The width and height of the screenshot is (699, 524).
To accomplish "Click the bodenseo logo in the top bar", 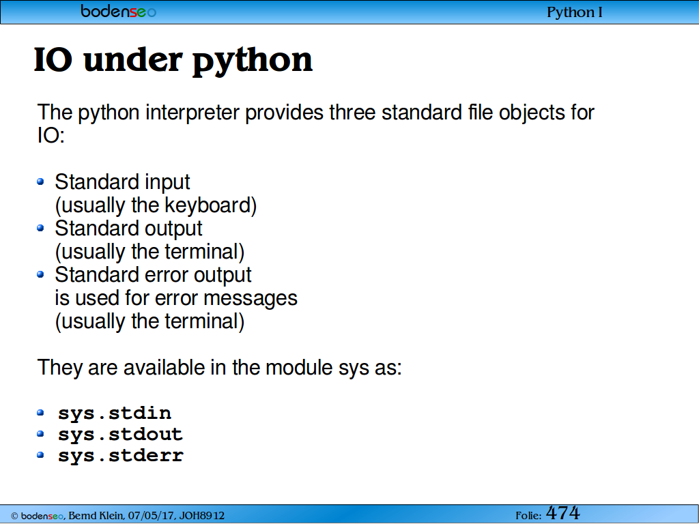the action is (119, 11).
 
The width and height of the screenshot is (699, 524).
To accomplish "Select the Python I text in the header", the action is (574, 12).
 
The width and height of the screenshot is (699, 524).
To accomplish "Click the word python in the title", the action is (253, 61).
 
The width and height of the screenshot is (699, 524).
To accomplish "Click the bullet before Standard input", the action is (40, 181).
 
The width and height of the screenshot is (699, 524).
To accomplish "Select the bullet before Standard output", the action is (40, 228).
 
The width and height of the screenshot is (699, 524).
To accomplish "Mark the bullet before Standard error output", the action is (40, 274).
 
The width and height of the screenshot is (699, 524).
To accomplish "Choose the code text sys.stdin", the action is (115, 413).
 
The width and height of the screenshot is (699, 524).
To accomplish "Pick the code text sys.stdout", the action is (120, 435).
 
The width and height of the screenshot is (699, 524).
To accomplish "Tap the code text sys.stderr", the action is (121, 455).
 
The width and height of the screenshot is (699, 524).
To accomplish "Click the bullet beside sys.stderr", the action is (40, 455).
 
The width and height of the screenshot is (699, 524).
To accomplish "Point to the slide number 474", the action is (562, 513).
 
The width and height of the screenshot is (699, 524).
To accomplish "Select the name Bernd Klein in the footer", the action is (96, 516).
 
